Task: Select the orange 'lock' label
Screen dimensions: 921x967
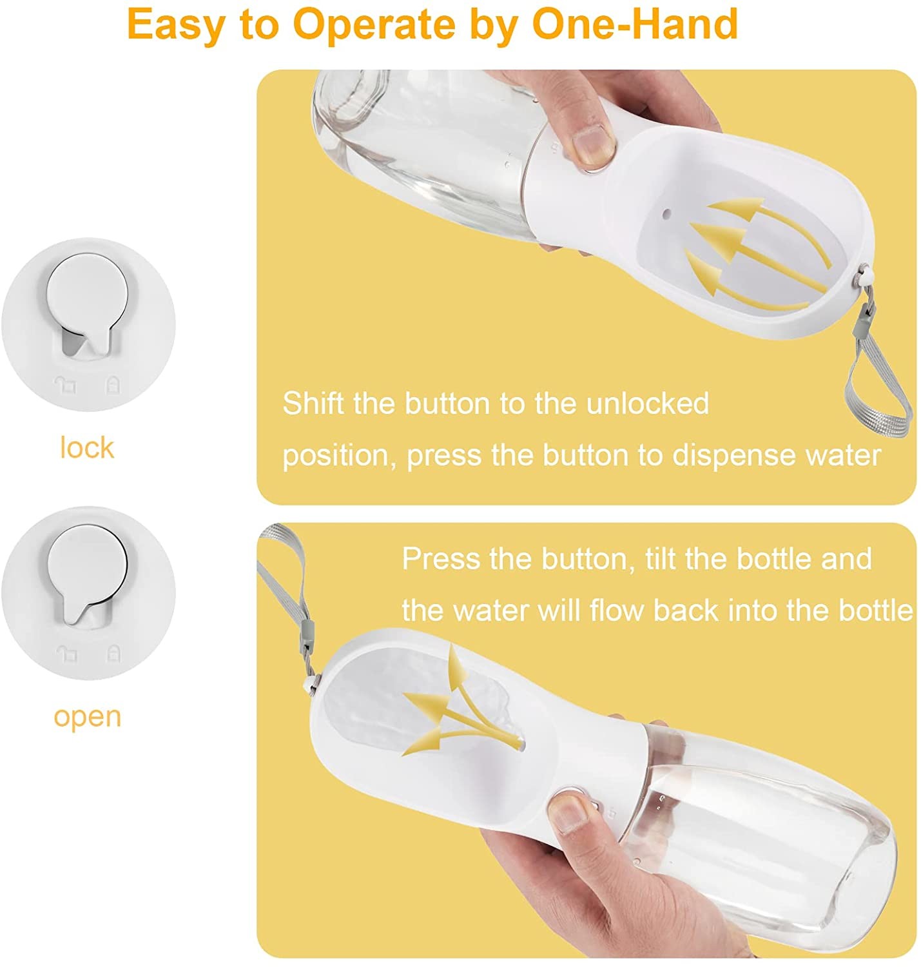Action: click(87, 447)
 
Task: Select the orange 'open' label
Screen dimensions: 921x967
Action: click(87, 718)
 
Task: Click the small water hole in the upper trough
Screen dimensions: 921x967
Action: click(666, 215)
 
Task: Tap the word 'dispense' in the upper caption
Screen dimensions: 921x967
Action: click(734, 455)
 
